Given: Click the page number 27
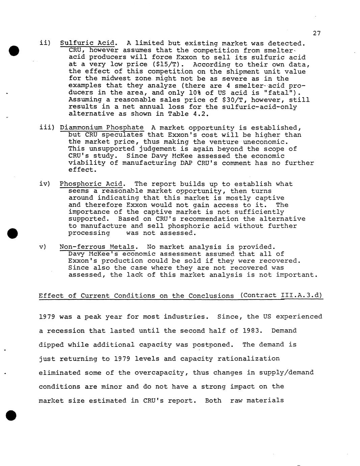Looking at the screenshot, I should click(x=316, y=33).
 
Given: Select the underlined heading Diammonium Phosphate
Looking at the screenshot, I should click(x=102, y=128).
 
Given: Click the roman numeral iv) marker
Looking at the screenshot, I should click(x=45, y=184).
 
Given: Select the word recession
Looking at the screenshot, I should click(x=66, y=331).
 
